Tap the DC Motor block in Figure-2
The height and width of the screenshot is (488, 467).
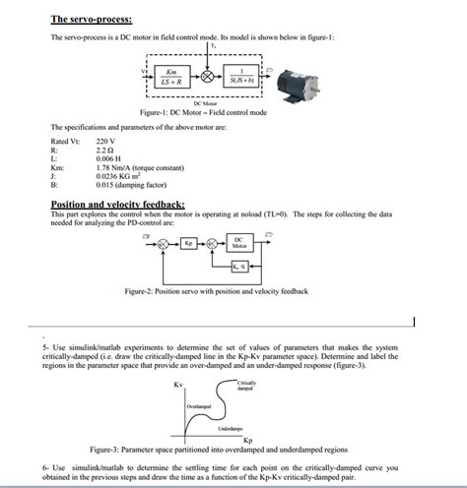[x=239, y=242]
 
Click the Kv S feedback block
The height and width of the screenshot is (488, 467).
[x=239, y=268]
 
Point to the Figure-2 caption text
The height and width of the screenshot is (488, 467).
[x=216, y=291]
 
